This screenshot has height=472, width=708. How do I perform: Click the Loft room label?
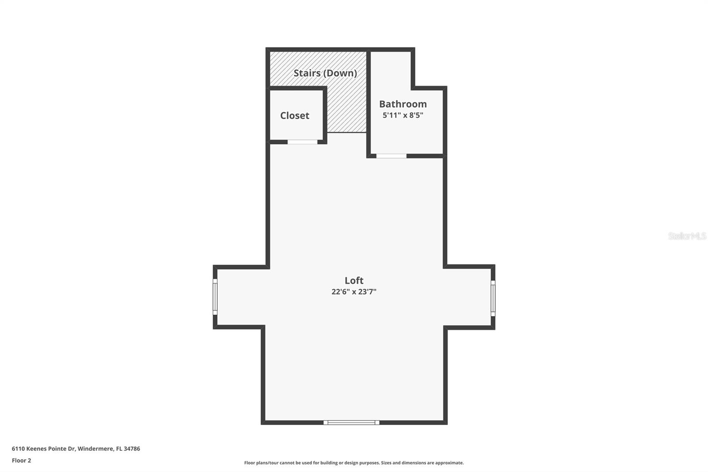point(354,280)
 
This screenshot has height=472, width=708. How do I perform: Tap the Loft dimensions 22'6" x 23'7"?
point(354,292)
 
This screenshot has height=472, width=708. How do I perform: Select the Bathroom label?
point(403,104)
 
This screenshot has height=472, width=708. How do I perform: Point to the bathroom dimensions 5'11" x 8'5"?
point(403,115)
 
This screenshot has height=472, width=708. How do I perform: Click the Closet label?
point(295,116)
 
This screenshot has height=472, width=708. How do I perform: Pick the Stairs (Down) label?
point(325,73)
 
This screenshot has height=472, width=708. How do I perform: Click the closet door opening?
point(303,142)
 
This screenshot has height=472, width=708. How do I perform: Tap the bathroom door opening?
point(391,156)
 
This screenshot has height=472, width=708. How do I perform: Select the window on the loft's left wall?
point(215,297)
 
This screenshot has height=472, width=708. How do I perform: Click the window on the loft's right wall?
point(493,298)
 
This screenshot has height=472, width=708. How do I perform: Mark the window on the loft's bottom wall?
point(351,422)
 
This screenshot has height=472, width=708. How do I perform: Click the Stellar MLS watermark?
point(687,236)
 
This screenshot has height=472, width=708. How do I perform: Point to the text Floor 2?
point(21,460)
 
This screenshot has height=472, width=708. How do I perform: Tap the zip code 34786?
point(132,449)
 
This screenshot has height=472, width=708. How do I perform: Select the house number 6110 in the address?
point(17,449)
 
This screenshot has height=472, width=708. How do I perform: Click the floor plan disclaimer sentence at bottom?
point(354,463)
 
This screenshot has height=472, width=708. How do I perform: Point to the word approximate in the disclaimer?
point(449,463)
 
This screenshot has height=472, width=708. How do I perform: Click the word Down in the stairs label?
point(341,73)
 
